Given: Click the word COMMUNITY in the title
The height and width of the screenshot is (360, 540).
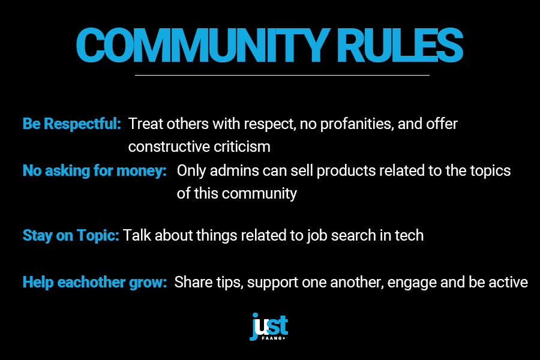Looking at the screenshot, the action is pyautogui.click(x=201, y=45).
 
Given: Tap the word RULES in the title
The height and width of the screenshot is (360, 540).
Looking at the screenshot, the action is pyautogui.click(x=400, y=45).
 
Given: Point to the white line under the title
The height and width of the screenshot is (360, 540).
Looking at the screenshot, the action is pyautogui.click(x=282, y=75).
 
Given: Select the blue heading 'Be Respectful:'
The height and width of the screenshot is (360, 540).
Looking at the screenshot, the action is pyautogui.click(x=71, y=124).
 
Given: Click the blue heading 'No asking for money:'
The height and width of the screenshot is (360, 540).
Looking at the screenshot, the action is pyautogui.click(x=94, y=170).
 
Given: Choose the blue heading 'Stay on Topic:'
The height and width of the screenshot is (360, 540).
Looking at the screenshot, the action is pyautogui.click(x=71, y=236).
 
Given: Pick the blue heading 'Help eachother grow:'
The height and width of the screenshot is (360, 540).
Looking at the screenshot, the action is pyautogui.click(x=94, y=283).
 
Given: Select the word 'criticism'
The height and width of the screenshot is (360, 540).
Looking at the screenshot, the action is pyautogui.click(x=242, y=147).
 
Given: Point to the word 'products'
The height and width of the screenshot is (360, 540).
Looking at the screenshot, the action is pyautogui.click(x=346, y=171).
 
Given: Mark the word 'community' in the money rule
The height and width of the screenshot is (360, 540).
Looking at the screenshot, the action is pyautogui.click(x=259, y=194).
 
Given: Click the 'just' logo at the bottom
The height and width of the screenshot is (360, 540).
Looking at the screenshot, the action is pyautogui.click(x=269, y=326).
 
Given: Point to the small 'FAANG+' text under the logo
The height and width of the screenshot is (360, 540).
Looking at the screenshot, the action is pyautogui.click(x=274, y=338).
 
